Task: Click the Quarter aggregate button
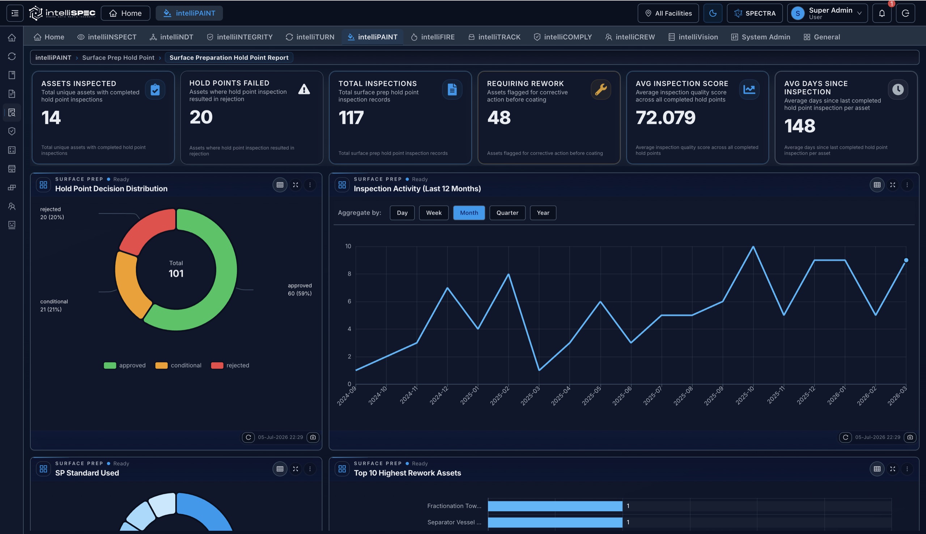coord(507,213)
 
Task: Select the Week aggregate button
coord(434,213)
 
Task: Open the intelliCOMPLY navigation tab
coord(562,37)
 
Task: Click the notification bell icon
coord(882,13)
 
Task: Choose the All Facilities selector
coord(668,13)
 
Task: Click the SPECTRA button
coord(754,13)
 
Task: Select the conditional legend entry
coord(178,365)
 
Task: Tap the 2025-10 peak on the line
coord(753,247)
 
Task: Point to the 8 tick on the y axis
coord(349,274)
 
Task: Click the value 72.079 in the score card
coord(665,118)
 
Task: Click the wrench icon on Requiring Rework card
coord(600,89)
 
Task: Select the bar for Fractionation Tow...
coord(555,506)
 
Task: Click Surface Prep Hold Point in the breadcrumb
coord(118,57)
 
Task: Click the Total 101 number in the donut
coord(176,273)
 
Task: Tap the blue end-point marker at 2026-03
coord(906,260)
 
